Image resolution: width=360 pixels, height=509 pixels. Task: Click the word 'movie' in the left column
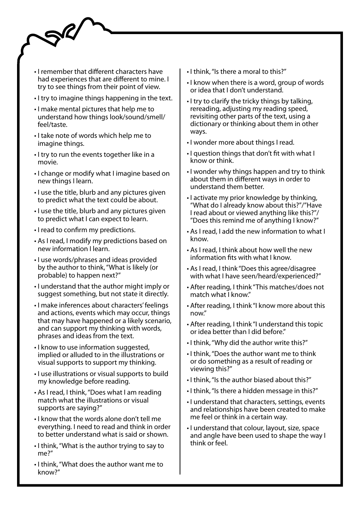47,162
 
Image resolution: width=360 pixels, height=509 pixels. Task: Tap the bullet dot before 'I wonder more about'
188,143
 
